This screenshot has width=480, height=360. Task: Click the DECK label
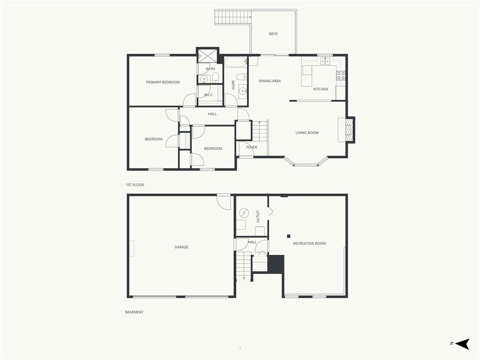click(x=273, y=34)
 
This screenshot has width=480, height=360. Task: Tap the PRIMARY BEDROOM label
click(x=163, y=82)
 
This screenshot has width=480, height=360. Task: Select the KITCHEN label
click(x=321, y=89)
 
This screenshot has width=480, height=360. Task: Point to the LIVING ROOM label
click(x=307, y=133)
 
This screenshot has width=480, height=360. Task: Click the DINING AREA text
click(x=270, y=81)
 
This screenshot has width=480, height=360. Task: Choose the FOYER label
click(x=252, y=147)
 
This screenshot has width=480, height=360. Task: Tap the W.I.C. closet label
click(x=209, y=95)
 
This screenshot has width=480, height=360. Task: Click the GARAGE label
click(x=181, y=247)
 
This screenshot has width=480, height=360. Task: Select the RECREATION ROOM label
click(x=309, y=243)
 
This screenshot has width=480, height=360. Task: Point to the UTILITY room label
click(x=258, y=217)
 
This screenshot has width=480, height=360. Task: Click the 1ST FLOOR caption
click(x=135, y=185)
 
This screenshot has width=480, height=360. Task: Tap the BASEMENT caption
click(x=134, y=312)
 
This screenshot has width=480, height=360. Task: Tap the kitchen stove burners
click(x=341, y=75)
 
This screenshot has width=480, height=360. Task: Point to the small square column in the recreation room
click(x=288, y=236)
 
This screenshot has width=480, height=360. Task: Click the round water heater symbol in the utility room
click(x=244, y=212)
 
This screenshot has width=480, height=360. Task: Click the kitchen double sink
click(x=325, y=61)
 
